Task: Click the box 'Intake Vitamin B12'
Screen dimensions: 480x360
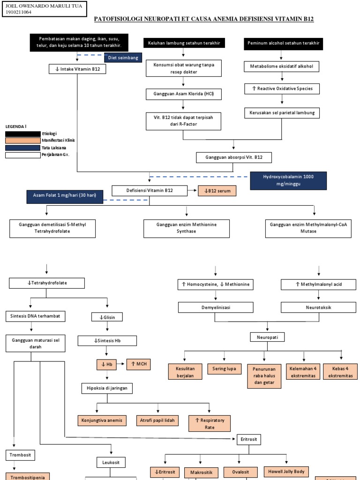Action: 77,69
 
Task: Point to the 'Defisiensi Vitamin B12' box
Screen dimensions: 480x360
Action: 150,190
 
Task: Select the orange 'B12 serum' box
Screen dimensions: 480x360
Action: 217,191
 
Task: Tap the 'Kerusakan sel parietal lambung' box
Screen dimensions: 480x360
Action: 282,112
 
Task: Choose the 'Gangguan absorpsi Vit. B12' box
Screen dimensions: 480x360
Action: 234,157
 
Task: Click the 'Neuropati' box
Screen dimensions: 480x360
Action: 267,337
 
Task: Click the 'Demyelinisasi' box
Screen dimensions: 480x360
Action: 215,307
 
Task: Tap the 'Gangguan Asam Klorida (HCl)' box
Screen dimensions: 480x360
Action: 182,94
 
